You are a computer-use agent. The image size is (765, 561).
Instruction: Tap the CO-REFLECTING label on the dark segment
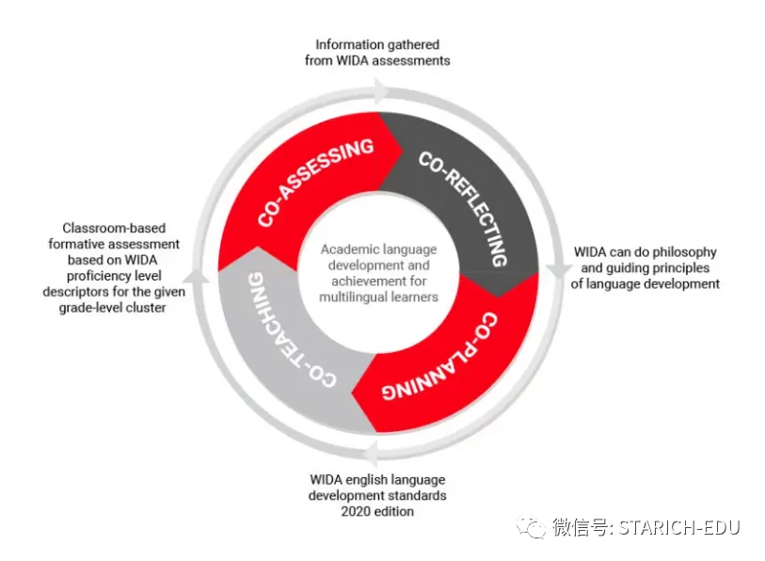[x=464, y=208]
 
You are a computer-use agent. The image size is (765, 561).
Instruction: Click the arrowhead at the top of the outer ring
[x=381, y=91]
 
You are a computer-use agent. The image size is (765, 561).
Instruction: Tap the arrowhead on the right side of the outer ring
[x=558, y=270]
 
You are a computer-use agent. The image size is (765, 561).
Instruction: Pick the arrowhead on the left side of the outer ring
[x=196, y=276]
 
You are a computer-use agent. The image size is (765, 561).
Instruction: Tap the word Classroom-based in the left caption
[x=114, y=228]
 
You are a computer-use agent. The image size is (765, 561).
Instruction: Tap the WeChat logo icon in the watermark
[x=531, y=527]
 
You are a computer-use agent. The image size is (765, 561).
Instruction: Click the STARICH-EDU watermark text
[x=679, y=528]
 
